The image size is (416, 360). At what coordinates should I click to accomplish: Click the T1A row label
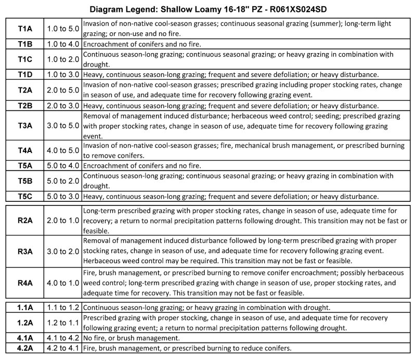(x=25, y=29)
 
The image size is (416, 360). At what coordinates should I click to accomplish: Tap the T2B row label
(x=25, y=106)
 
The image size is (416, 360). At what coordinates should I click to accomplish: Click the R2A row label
(x=25, y=220)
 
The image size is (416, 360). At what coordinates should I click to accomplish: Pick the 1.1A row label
(x=25, y=307)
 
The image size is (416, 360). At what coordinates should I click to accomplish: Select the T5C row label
(x=25, y=197)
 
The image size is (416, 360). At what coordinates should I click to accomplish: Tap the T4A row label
(x=25, y=150)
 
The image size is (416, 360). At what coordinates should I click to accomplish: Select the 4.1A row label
(x=25, y=338)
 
